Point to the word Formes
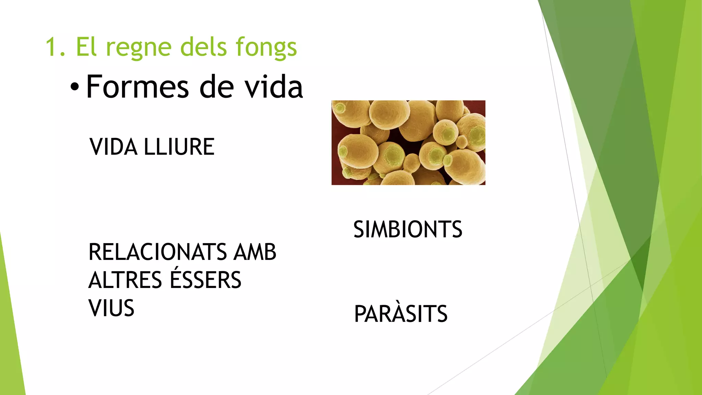tap(137, 87)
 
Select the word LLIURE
tap(179, 147)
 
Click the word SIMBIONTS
tap(408, 229)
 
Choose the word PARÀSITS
tap(401, 314)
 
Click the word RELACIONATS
tap(158, 252)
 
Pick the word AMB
tap(255, 252)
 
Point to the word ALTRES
tap(125, 280)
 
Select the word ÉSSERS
tap(206, 279)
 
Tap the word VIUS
tap(111, 308)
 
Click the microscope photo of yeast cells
tap(408, 143)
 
